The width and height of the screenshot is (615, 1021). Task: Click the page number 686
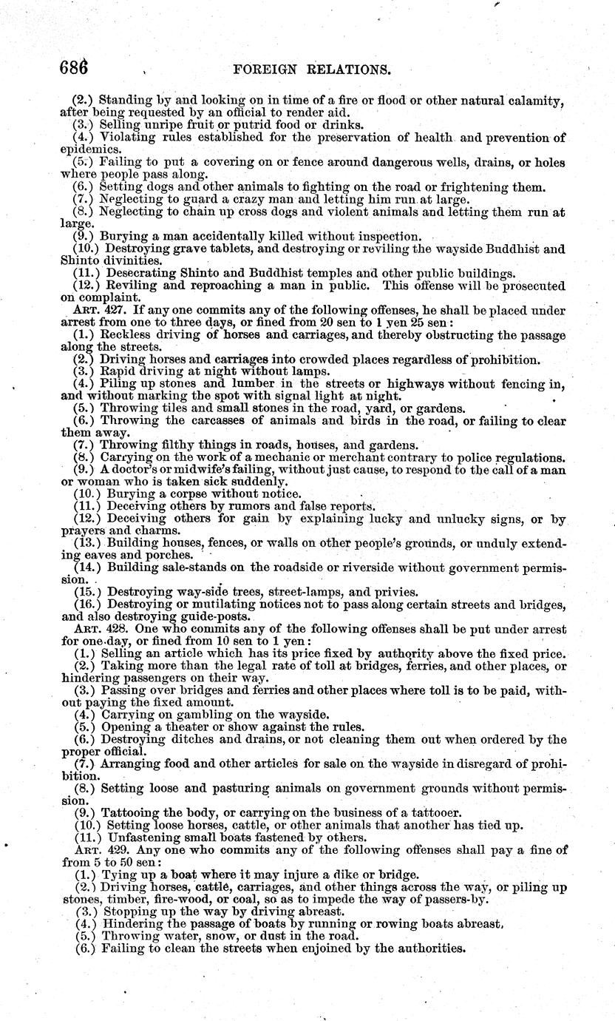pyautogui.click(x=74, y=68)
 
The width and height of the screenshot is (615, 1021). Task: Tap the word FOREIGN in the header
pyautogui.click(x=265, y=70)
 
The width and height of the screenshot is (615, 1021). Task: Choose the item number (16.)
pyautogui.click(x=88, y=604)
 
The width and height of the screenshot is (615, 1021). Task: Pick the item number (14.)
pyautogui.click(x=88, y=567)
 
